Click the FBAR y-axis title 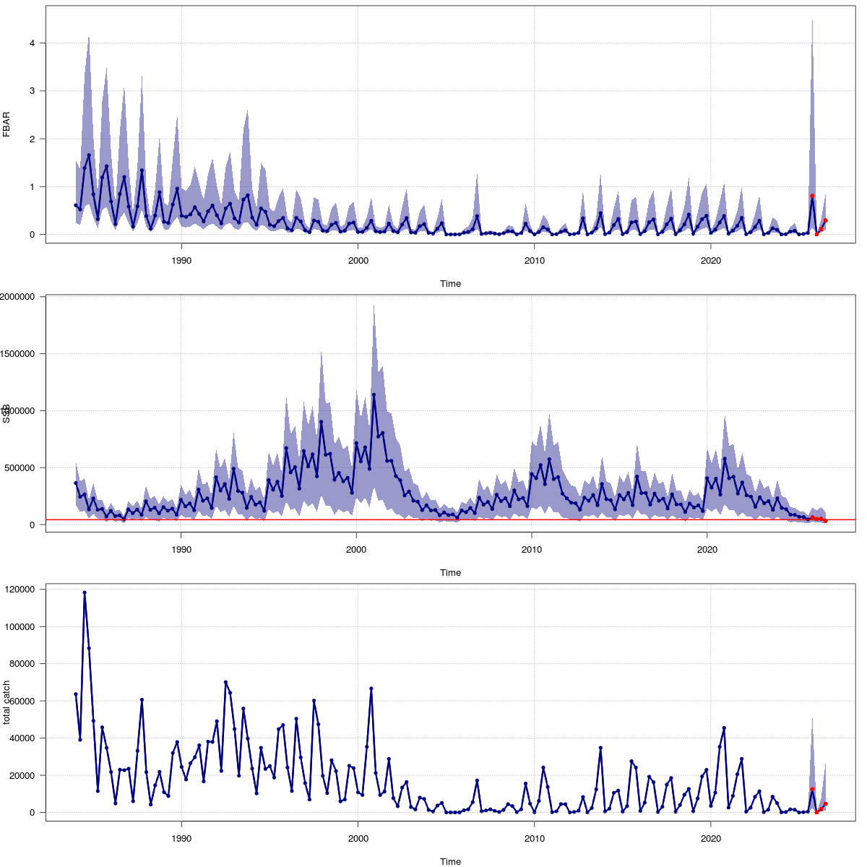(x=7, y=124)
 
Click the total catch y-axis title (x=7, y=702)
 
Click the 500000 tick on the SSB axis (x=25, y=468)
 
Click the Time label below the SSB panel (x=450, y=573)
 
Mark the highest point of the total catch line (x=85, y=592)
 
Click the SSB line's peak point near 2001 (x=374, y=394)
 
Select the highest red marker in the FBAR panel (x=812, y=196)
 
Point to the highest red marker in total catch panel (x=812, y=790)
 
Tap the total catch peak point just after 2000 (x=371, y=689)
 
